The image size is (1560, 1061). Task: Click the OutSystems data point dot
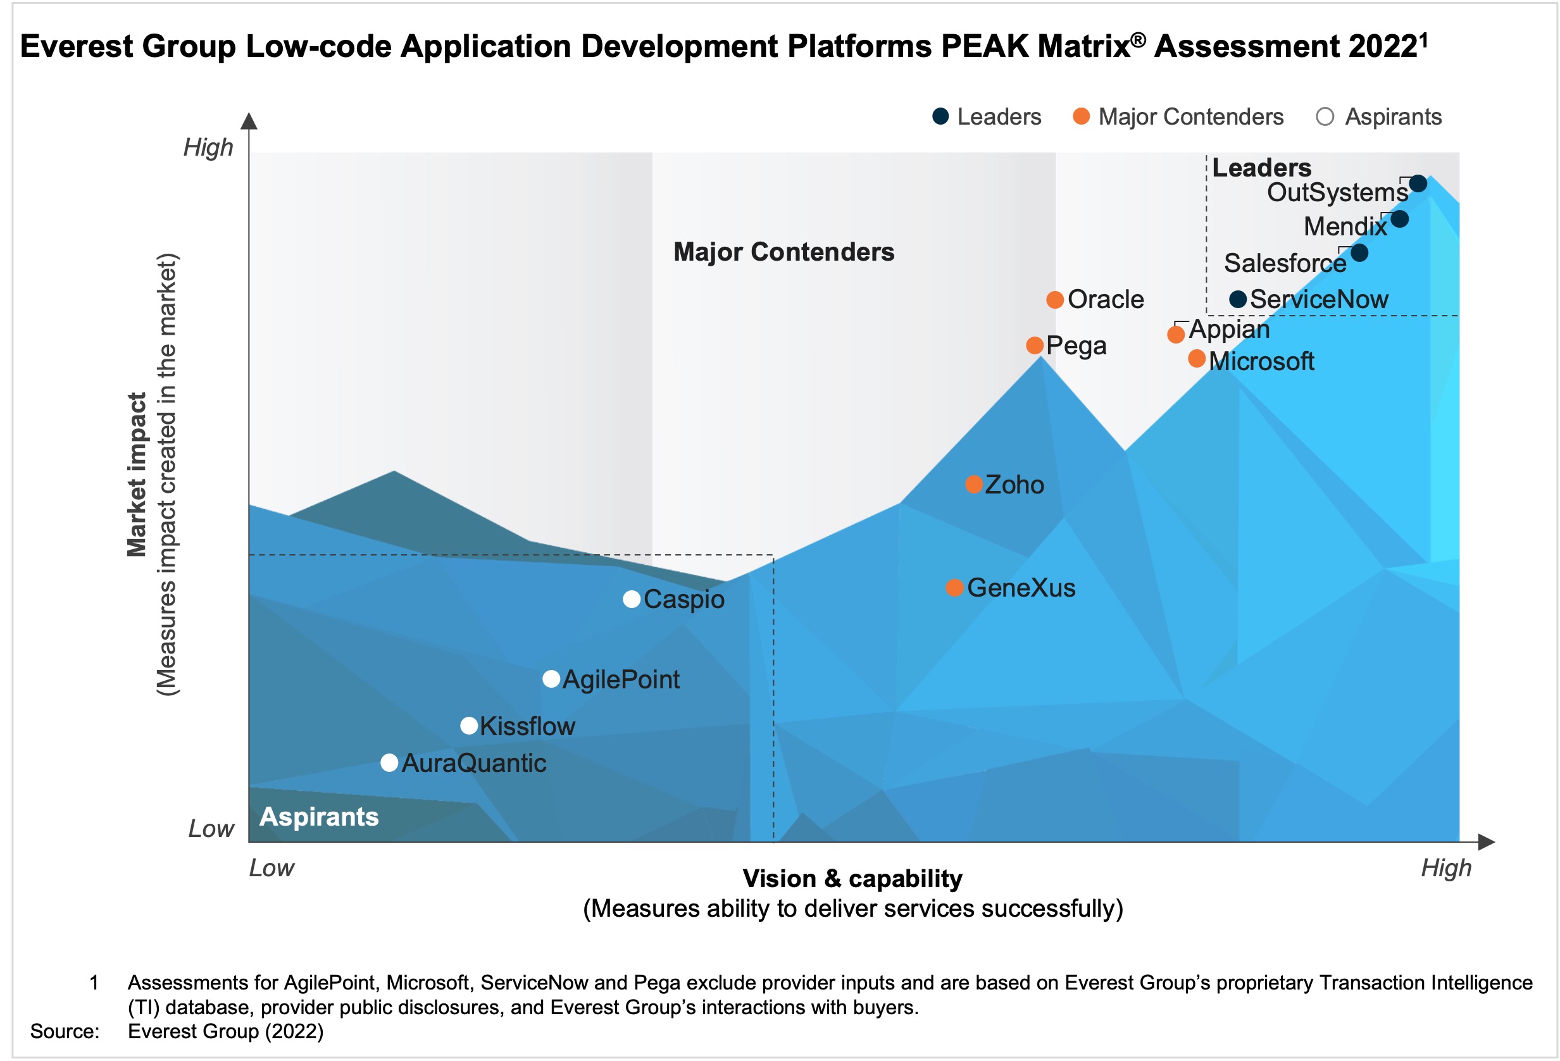(1417, 183)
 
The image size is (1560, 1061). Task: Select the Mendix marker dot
(1399, 219)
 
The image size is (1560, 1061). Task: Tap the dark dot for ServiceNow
(1238, 299)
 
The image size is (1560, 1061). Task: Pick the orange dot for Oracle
(1054, 299)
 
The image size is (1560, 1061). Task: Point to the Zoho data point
(973, 484)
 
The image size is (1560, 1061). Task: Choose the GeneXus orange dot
(954, 588)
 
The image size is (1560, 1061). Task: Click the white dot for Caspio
(631, 599)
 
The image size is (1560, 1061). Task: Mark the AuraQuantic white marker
(389, 762)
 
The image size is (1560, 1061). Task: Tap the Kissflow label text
(527, 726)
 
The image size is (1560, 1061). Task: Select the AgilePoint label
(621, 679)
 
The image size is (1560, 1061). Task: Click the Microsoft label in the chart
(1261, 361)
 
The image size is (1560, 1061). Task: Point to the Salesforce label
(1284, 263)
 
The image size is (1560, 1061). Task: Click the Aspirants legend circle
(1325, 117)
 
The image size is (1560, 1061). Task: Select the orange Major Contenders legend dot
(1081, 117)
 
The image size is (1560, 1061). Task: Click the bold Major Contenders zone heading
(783, 252)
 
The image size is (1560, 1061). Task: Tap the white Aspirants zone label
(319, 817)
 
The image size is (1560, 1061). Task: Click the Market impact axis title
(137, 475)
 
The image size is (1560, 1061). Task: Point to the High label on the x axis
(1445, 868)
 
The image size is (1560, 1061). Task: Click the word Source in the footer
(65, 1031)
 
